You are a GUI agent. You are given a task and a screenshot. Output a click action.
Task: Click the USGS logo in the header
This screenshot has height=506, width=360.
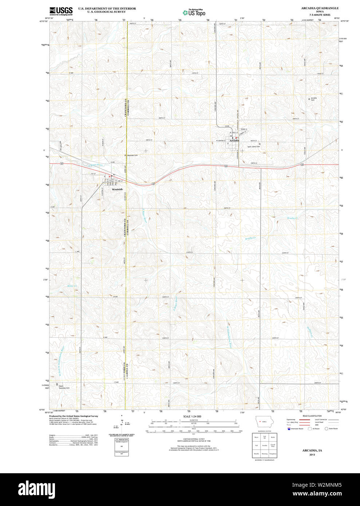61,11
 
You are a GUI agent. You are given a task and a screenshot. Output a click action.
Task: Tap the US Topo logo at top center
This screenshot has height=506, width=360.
194,12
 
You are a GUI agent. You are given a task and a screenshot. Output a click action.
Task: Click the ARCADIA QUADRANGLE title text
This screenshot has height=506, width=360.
320,8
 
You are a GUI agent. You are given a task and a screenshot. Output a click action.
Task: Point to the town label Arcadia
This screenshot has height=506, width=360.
234,141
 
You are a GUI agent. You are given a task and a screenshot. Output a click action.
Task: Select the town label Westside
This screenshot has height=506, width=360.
117,190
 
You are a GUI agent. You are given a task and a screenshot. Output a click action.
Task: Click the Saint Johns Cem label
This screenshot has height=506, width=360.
254,147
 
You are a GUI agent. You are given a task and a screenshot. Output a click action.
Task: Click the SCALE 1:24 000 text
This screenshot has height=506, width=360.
192,416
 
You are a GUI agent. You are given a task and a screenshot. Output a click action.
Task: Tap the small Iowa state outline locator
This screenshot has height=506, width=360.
262,421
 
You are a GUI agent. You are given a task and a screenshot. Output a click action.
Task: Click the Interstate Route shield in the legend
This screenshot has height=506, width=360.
289,428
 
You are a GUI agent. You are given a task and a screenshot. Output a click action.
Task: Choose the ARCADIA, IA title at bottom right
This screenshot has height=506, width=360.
312,450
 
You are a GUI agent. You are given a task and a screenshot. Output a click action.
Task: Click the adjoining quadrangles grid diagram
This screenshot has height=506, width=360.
265,445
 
